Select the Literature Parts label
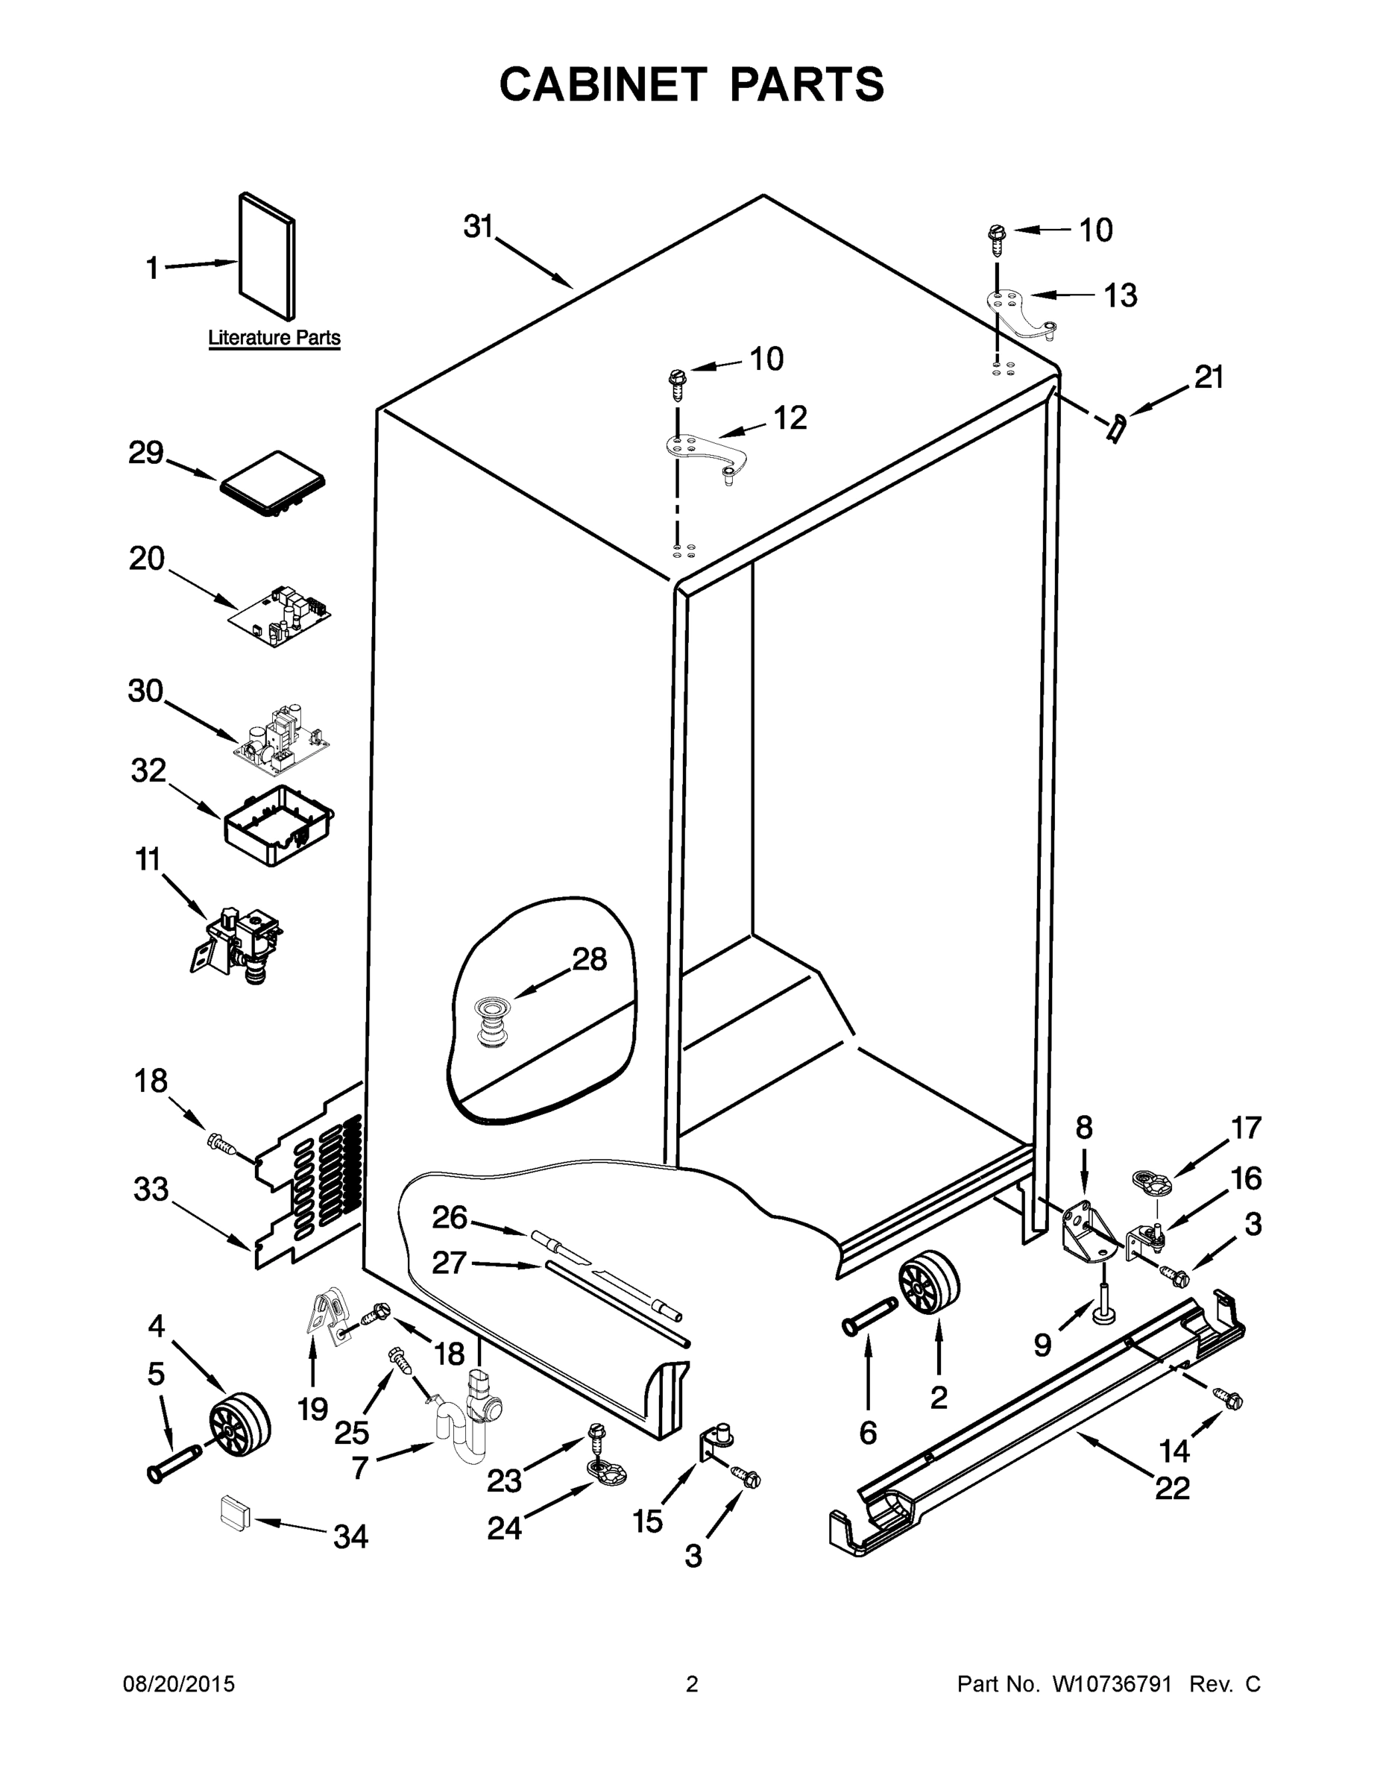click(274, 338)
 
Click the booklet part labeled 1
click(267, 256)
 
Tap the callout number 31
click(478, 227)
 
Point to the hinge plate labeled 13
click(1021, 313)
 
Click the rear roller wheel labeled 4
click(239, 1428)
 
